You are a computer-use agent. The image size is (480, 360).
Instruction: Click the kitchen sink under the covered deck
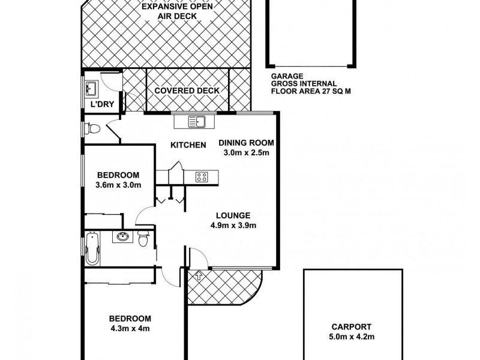pyautogui.click(x=197, y=122)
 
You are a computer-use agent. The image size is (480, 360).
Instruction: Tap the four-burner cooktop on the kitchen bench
pyautogui.click(x=202, y=176)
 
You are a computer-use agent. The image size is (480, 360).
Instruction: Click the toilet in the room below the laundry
pyautogui.click(x=92, y=128)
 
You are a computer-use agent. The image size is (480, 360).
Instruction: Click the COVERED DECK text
pyautogui.click(x=187, y=91)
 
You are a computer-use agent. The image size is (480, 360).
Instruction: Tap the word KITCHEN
pyautogui.click(x=188, y=145)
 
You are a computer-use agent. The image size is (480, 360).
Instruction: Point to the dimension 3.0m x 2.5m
pyautogui.click(x=246, y=153)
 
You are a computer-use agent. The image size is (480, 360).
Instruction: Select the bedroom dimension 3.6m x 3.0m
pyautogui.click(x=118, y=185)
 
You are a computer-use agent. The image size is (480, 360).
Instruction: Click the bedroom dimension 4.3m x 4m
pyautogui.click(x=130, y=328)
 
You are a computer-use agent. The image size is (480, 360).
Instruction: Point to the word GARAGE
pyautogui.click(x=285, y=76)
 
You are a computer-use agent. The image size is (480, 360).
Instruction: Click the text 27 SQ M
pyautogui.click(x=325, y=93)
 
